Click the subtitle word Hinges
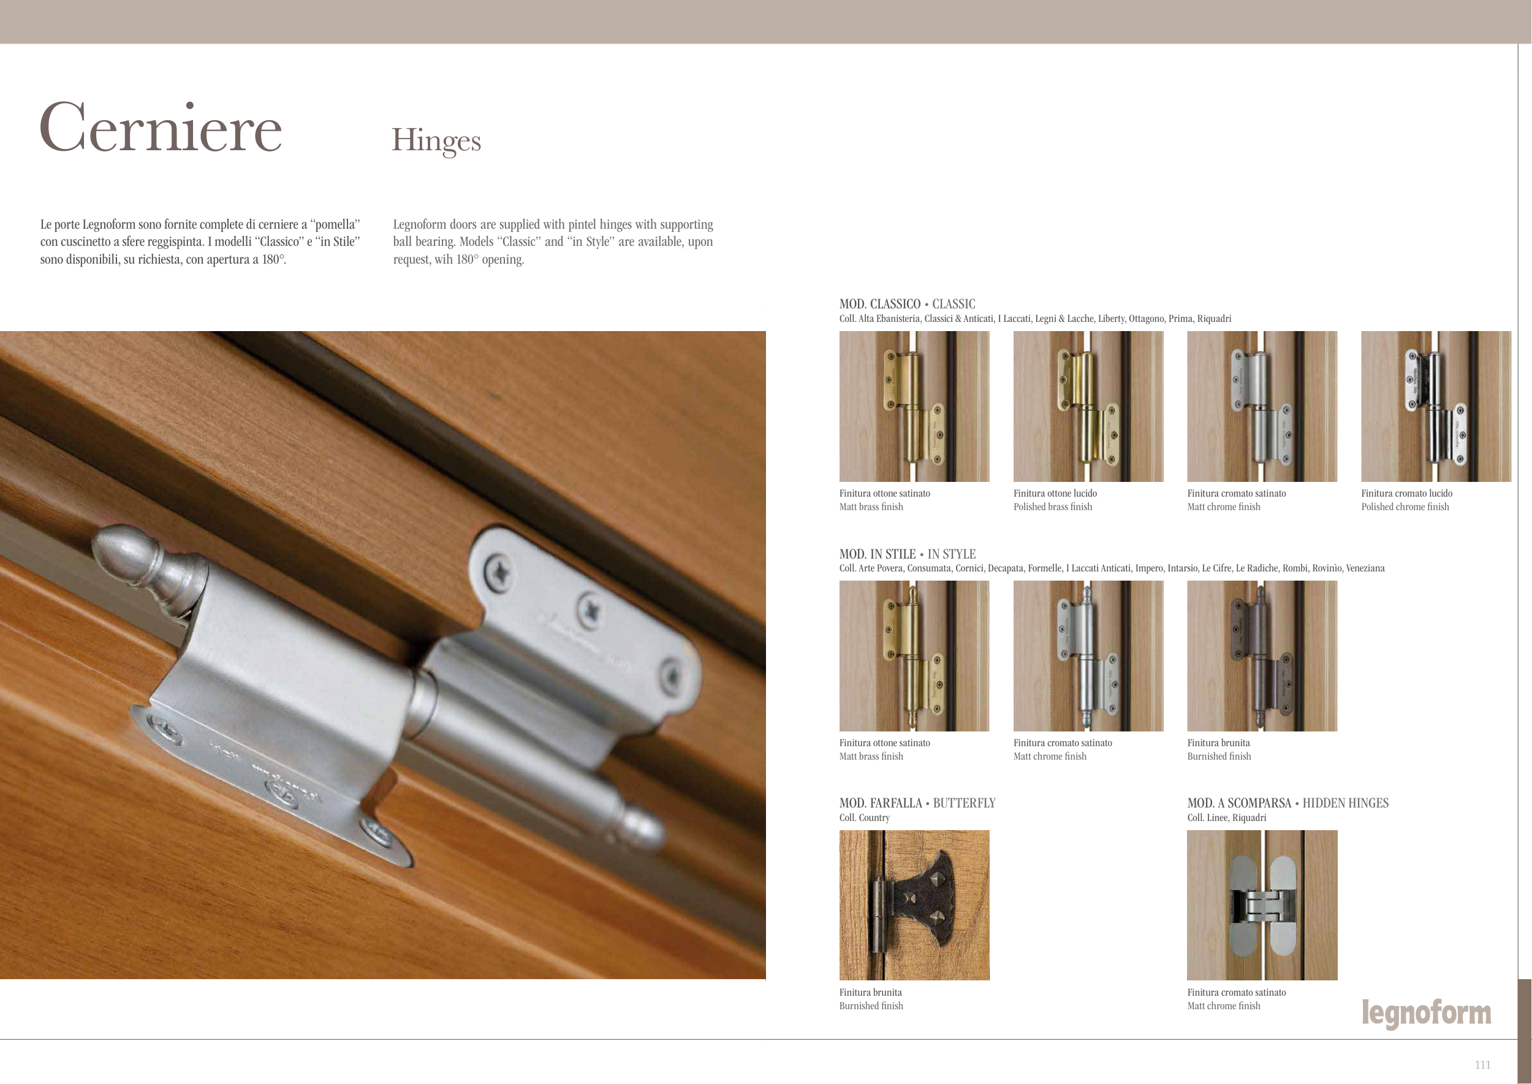tap(436, 140)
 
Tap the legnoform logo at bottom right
tap(1427, 1014)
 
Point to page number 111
tap(1482, 1064)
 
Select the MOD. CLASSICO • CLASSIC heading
tap(907, 303)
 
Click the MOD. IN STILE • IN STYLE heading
tap(907, 554)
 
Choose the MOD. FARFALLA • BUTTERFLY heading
tap(917, 803)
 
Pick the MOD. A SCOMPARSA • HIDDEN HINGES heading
tap(1287, 803)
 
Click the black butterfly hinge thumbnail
tap(914, 905)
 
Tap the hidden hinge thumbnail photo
tap(1262, 905)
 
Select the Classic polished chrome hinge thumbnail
tap(1436, 406)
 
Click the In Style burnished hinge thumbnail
tap(1262, 656)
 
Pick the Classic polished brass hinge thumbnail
tap(1088, 406)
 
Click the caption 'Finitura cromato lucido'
tap(1406, 494)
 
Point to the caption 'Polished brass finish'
tap(1053, 506)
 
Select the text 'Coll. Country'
tap(864, 818)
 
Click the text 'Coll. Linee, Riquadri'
tap(1226, 818)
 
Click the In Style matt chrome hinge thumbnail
tap(1088, 656)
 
